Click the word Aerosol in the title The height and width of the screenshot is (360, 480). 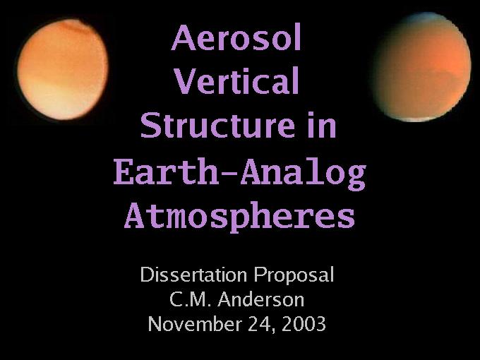(236, 37)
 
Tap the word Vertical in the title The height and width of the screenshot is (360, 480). (236, 80)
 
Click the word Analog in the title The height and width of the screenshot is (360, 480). (304, 174)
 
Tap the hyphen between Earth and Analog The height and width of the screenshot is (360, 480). (229, 174)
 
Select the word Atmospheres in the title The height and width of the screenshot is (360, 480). (240, 217)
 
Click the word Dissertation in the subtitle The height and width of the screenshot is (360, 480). (193, 275)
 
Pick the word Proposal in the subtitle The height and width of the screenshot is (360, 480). (294, 275)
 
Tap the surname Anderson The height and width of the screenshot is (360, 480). (261, 299)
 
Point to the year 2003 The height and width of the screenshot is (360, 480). (304, 324)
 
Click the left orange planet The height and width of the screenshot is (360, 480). (63, 69)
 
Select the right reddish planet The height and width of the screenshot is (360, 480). (421, 67)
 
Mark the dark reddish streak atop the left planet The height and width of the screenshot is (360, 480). (75, 28)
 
